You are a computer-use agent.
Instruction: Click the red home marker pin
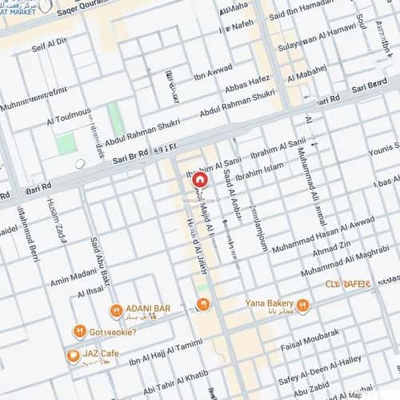click(198, 181)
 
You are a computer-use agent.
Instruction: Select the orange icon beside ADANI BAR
click(117, 310)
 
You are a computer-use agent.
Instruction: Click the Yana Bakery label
click(267, 304)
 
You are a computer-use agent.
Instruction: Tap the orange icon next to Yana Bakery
click(302, 305)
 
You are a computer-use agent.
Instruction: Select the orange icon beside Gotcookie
click(79, 330)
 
